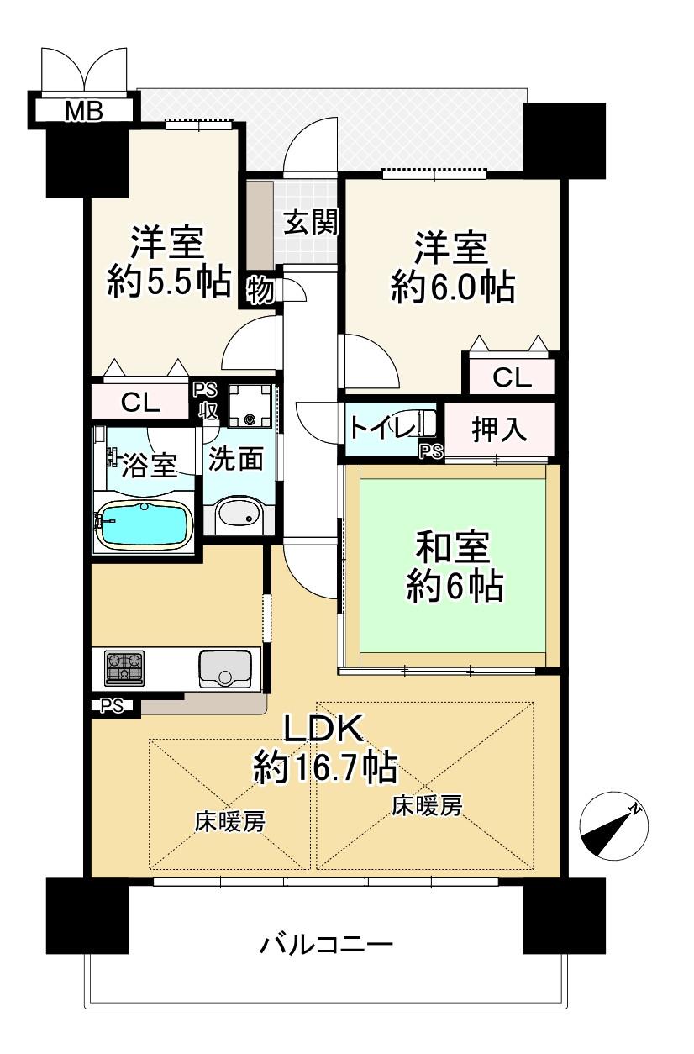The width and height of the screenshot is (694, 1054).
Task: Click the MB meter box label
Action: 83,112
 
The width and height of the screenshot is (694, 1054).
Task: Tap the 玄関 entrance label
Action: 311,222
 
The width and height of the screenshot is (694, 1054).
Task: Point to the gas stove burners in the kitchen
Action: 124,668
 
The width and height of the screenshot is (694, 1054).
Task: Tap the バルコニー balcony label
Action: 327,945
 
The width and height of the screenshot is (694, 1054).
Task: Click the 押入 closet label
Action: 499,430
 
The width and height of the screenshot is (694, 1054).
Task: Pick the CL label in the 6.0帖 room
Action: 512,377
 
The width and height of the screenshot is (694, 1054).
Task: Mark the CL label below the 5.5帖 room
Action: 139,403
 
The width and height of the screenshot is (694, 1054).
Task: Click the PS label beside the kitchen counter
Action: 112,706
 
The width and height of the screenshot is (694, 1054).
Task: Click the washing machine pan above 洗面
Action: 250,406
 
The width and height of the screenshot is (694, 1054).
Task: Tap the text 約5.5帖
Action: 169,282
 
